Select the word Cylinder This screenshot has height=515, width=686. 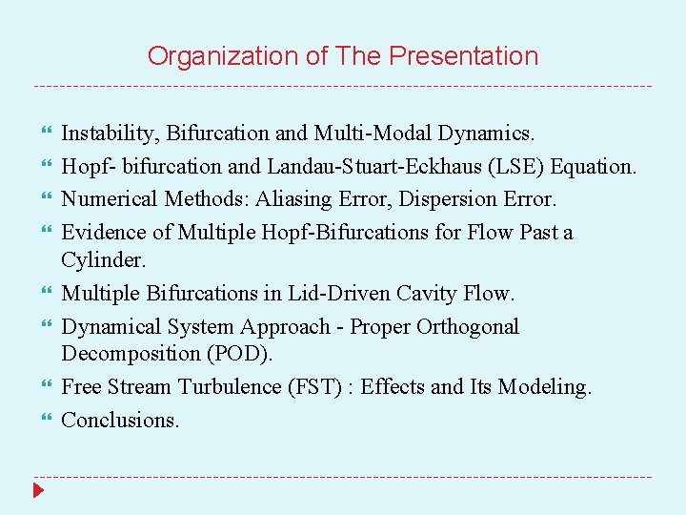tap(99, 259)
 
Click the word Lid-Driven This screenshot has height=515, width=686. tap(317, 293)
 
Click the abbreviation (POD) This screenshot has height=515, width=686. tap(241, 353)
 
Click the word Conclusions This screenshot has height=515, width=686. tap(119, 420)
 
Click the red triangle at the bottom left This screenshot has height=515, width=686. tap(38, 491)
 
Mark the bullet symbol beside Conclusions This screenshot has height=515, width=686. tap(39, 420)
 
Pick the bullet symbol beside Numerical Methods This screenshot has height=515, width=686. tap(39, 198)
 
